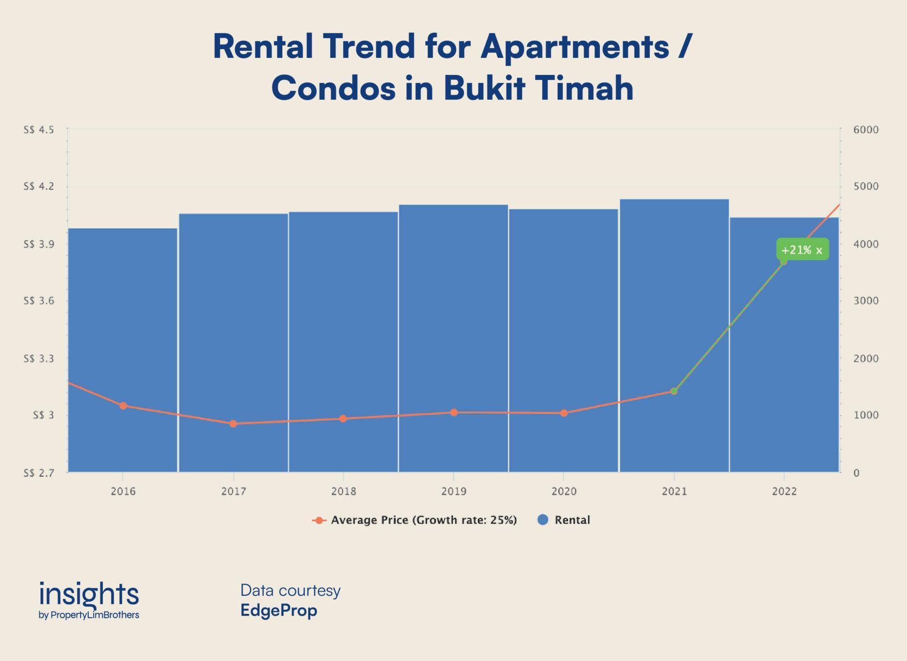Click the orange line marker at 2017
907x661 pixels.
pyautogui.click(x=233, y=424)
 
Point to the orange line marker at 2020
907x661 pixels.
pyautogui.click(x=564, y=413)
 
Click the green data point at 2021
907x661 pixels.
pyautogui.click(x=674, y=391)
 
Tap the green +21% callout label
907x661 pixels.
pyautogui.click(x=802, y=250)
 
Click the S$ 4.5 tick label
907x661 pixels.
pyautogui.click(x=39, y=130)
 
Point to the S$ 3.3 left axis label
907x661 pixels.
pyautogui.click(x=39, y=359)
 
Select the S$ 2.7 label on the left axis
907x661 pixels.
pyautogui.click(x=39, y=472)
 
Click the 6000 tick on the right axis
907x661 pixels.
pyautogui.click(x=866, y=130)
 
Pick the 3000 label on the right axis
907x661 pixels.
pyautogui.click(x=866, y=301)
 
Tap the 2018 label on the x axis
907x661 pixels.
pyautogui.click(x=343, y=491)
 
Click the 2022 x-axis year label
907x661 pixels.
pyautogui.click(x=784, y=491)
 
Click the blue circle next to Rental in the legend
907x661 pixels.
pyautogui.click(x=543, y=520)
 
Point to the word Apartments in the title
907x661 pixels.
pyautogui.click(x=574, y=47)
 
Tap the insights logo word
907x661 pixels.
pyautogui.click(x=89, y=594)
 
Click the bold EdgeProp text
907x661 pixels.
pyautogui.click(x=278, y=610)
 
